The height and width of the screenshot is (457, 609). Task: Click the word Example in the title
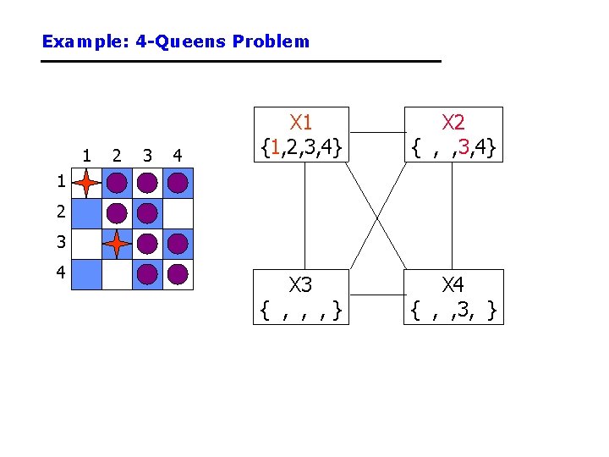coord(71,41)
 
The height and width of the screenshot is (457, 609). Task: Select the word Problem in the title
coord(277,41)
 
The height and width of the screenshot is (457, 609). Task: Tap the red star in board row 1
coord(86,182)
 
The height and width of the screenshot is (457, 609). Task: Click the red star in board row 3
coord(117,244)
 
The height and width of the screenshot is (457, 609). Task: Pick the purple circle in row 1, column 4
coord(178,182)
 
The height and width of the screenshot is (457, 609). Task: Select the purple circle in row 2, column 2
coord(117,213)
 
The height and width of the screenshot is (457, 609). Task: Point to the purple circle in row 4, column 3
coord(147,274)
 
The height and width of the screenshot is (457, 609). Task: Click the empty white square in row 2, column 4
coord(178,213)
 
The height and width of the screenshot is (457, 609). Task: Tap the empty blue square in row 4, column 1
coord(86,274)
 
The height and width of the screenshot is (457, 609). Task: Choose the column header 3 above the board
coord(147,155)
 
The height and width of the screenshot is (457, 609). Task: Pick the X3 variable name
coord(301,284)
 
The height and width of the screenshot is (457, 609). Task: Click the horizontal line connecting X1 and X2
coord(376,133)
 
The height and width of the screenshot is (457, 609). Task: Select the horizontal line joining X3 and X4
coord(376,295)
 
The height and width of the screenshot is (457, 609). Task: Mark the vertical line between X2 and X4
coord(453,214)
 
